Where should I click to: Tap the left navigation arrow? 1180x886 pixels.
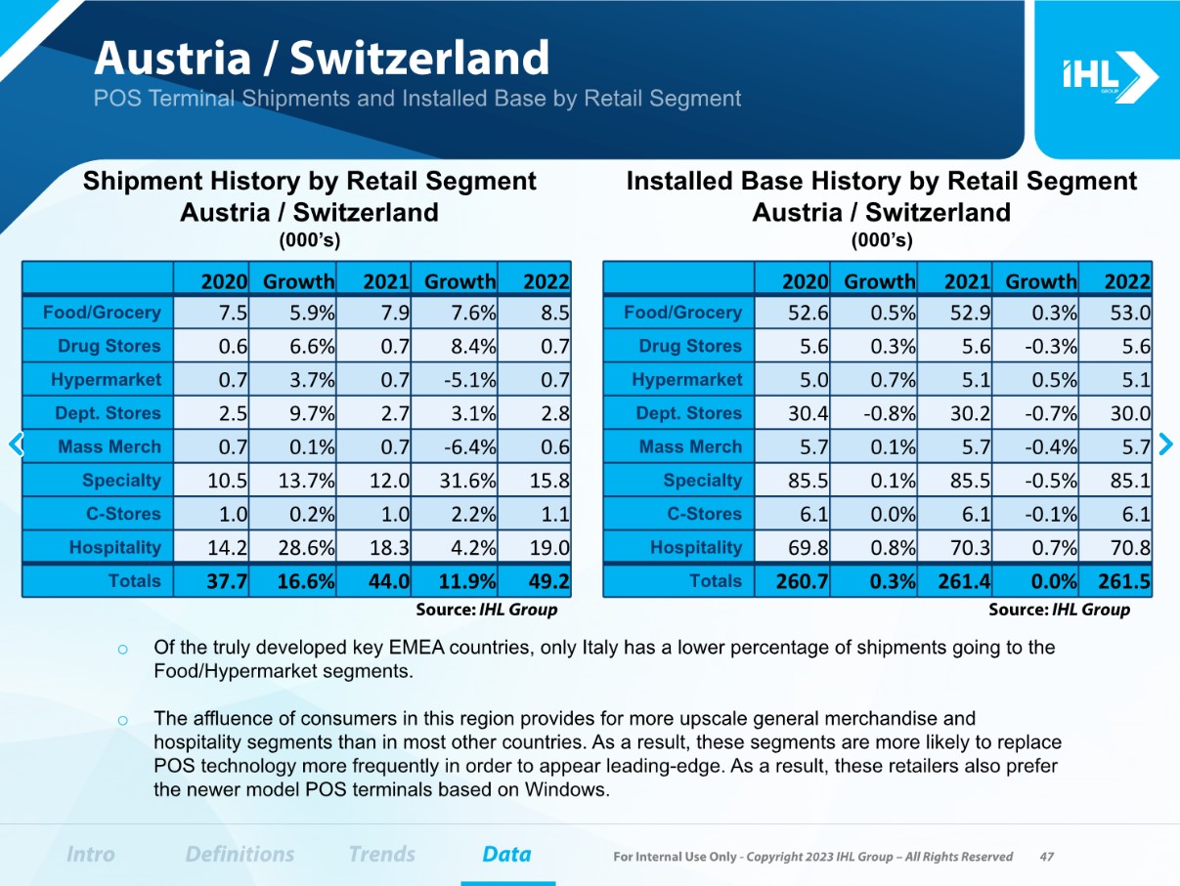tap(15, 444)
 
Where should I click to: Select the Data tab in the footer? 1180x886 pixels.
tap(506, 854)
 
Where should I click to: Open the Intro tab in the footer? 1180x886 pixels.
tap(90, 854)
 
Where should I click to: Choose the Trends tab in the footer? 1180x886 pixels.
tap(381, 854)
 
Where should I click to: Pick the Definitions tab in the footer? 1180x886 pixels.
tap(240, 854)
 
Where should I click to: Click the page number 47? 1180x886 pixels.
tap(1046, 857)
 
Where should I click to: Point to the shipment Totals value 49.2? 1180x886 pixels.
tap(548, 582)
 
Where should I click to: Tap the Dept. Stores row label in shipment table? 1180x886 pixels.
tap(108, 413)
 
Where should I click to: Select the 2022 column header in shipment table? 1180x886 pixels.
tap(546, 281)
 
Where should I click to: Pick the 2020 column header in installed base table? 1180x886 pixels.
tap(806, 281)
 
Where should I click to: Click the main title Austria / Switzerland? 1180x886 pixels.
tap(322, 59)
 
